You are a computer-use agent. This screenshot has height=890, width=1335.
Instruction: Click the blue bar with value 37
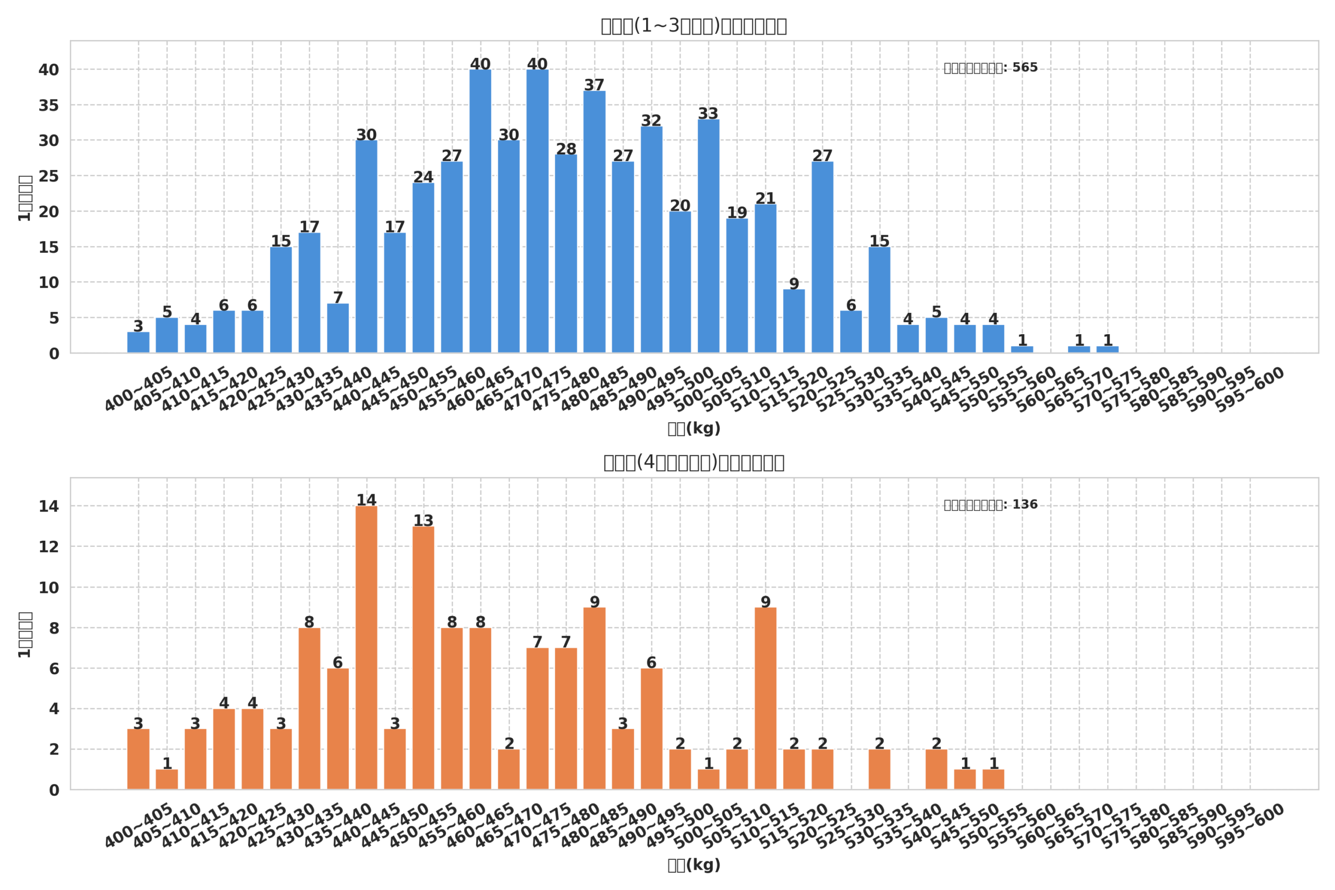pos(594,222)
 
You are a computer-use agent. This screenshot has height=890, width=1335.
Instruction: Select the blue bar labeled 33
pos(708,236)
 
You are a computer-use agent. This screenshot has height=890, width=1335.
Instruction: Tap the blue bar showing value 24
pos(423,267)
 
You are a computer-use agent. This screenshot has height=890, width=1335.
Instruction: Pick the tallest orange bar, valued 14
pos(366,647)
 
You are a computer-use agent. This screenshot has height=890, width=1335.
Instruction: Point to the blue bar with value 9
pos(794,321)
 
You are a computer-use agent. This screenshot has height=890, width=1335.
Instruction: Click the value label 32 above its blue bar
pos(651,120)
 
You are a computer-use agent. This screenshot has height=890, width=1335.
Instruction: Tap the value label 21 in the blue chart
pos(765,199)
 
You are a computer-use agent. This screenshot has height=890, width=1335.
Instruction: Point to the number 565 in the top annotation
pos(1025,68)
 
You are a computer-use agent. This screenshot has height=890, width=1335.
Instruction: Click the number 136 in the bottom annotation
pos(1025,505)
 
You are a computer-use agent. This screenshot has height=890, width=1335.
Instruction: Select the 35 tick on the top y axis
pos(49,105)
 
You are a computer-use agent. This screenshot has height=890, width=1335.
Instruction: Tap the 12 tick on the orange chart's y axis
pos(49,546)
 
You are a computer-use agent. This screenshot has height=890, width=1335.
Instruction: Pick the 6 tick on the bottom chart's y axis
pos(54,668)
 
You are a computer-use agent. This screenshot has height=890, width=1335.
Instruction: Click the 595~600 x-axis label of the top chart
pos(1250,389)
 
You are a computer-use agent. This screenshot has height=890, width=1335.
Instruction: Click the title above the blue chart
pos(694,26)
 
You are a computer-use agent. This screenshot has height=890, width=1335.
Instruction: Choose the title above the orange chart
pos(694,462)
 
